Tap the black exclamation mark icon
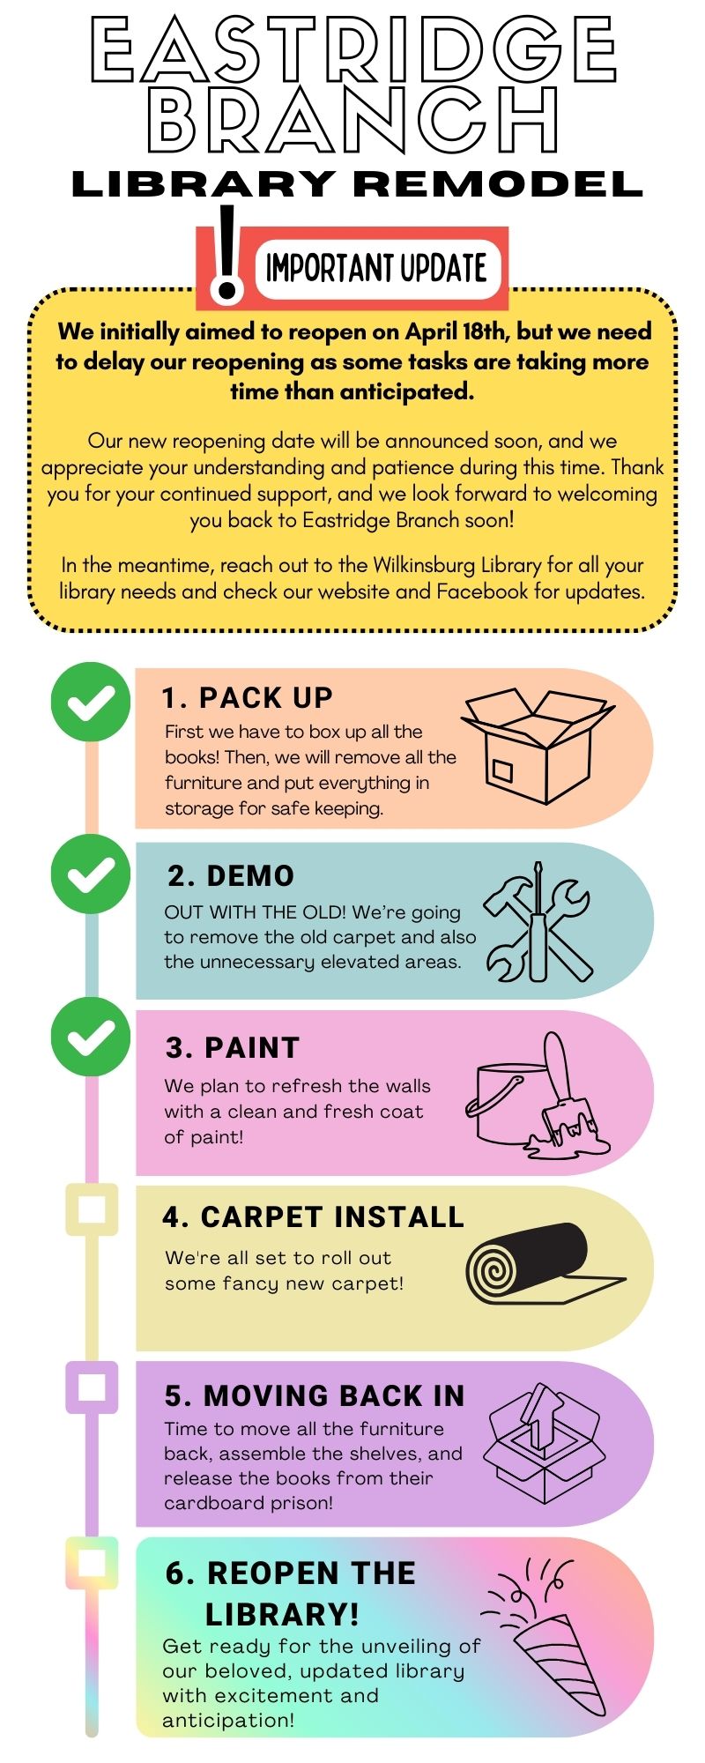(x=227, y=256)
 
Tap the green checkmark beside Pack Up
(x=91, y=702)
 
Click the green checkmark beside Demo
(x=91, y=873)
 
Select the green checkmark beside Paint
(x=91, y=1037)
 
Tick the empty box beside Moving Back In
(x=92, y=1387)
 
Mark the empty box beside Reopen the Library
(x=92, y=1563)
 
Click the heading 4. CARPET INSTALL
(x=313, y=1216)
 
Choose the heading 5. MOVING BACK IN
(x=315, y=1395)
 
